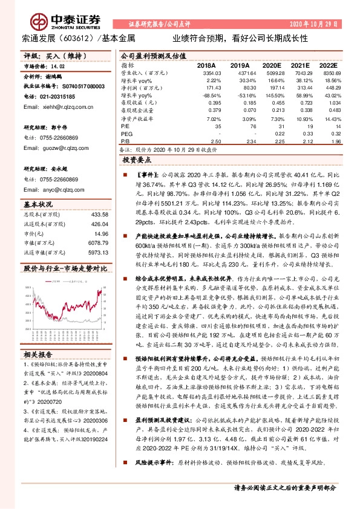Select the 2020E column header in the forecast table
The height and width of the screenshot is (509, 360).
pos(272,65)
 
